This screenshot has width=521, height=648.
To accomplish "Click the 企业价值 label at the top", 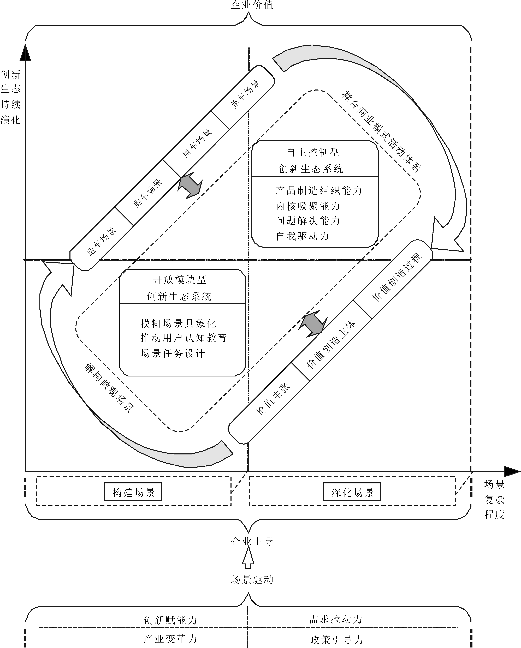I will pos(252,5).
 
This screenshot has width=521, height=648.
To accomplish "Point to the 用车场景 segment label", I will pos(197,143).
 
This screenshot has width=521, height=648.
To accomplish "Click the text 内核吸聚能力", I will pos(308,206).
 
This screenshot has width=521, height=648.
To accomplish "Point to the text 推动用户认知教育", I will pos(183,338).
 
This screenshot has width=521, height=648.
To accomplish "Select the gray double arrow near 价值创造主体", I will pos(313,323).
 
